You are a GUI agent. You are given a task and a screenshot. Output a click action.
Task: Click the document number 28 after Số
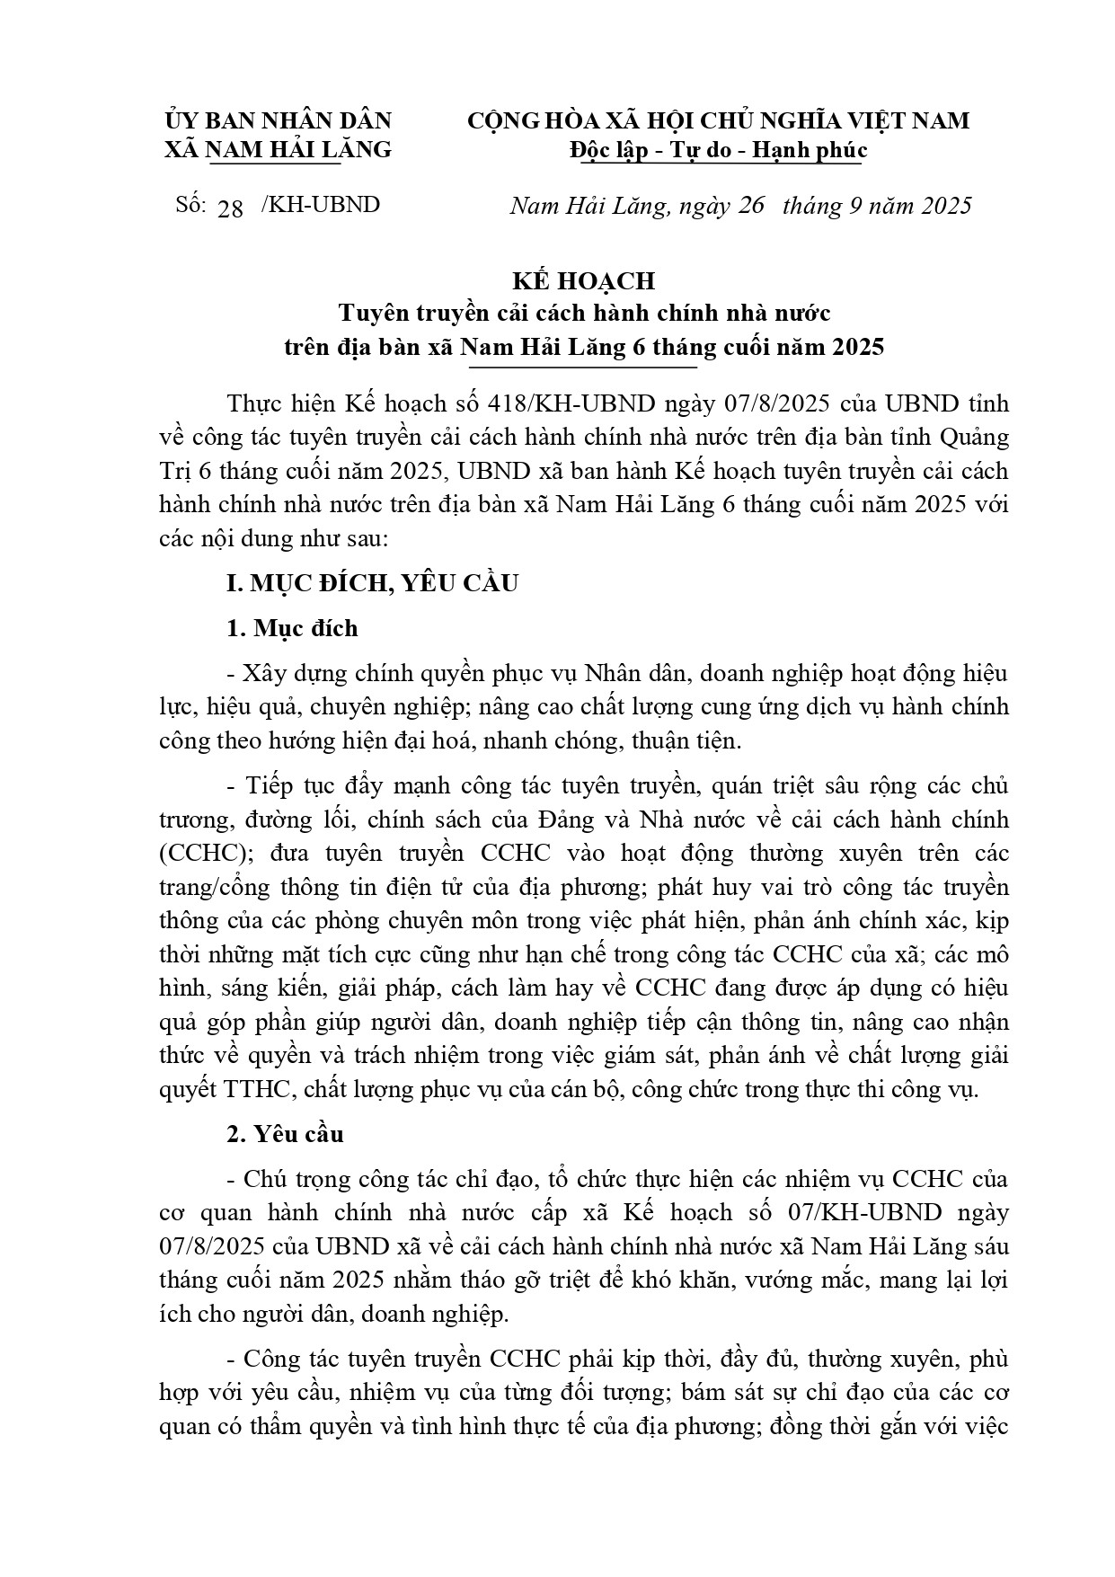pos(231,208)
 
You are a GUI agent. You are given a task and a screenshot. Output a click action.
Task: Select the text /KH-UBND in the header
pos(320,205)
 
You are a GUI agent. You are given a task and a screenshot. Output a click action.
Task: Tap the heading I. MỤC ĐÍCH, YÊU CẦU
pos(373,583)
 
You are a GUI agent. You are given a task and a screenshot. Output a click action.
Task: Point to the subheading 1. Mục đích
pos(292,628)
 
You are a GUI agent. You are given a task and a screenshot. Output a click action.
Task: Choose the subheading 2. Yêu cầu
pos(285,1134)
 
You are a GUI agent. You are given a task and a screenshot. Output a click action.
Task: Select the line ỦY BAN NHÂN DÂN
pos(279,121)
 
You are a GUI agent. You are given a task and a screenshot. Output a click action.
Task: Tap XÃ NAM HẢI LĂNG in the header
pos(279,150)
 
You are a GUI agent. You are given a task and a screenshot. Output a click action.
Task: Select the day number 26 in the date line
pos(750,206)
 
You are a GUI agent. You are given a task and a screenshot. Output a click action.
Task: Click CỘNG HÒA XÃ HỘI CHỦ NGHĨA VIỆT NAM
pos(718,121)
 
